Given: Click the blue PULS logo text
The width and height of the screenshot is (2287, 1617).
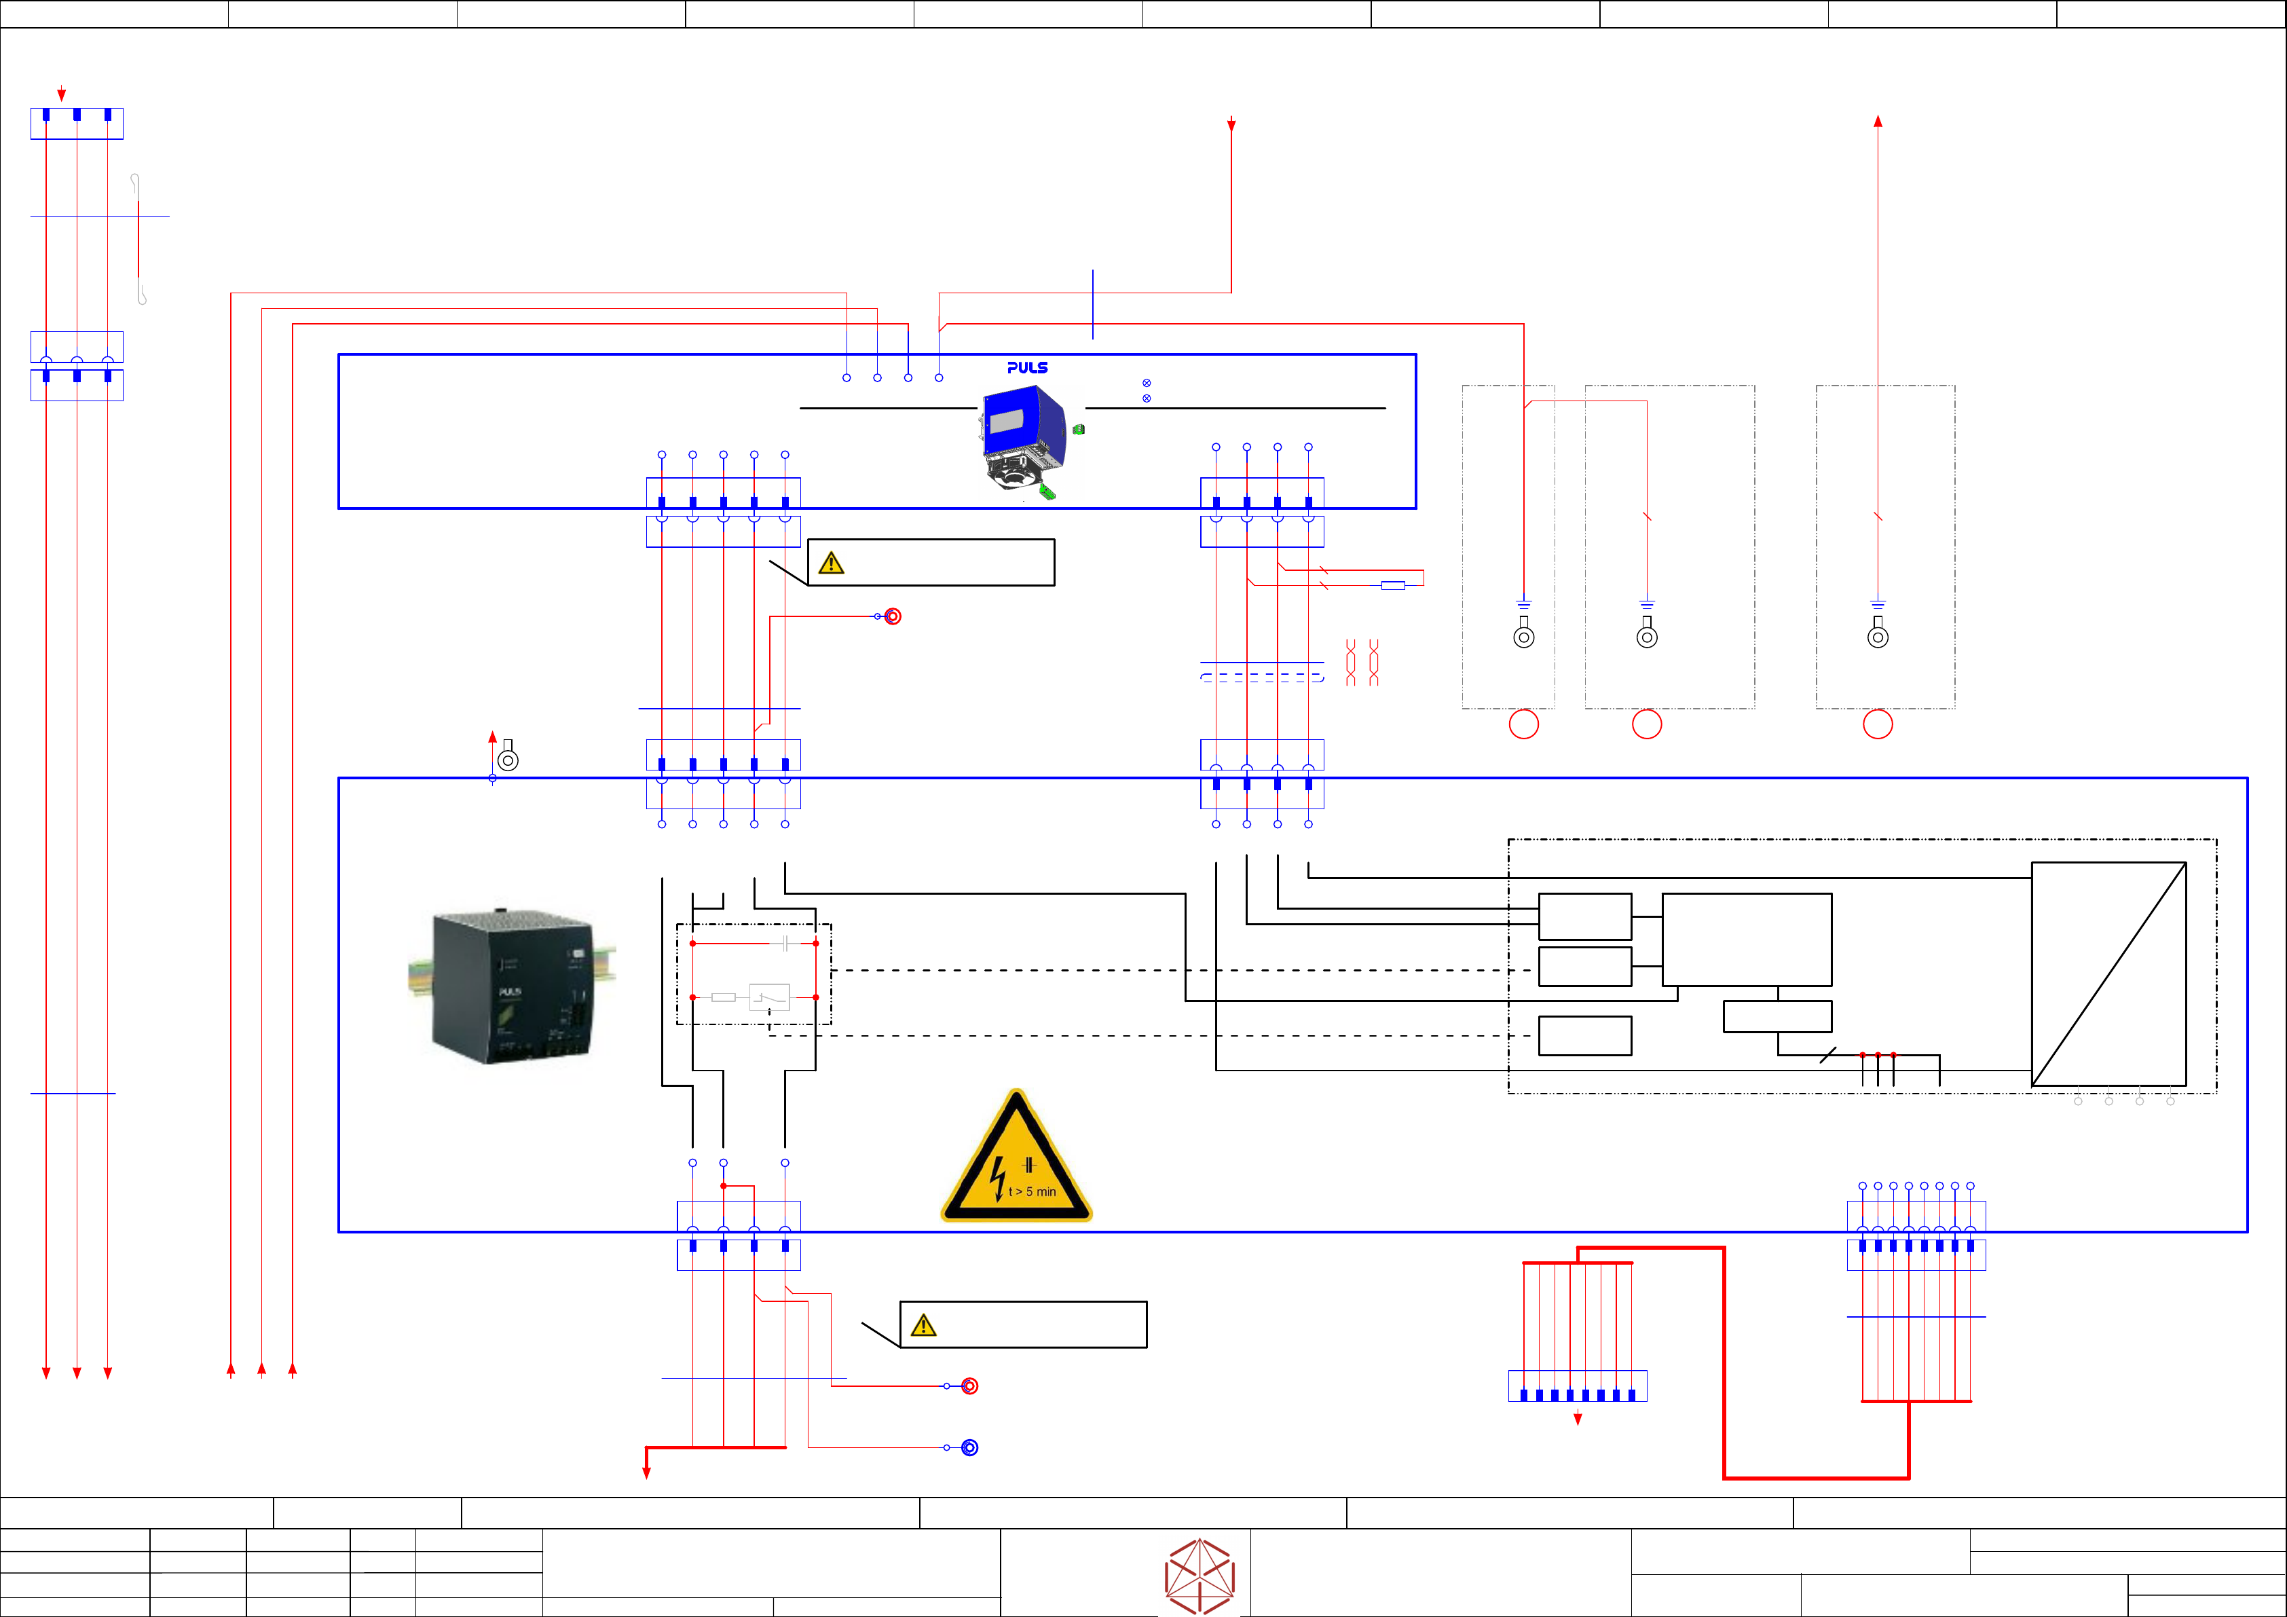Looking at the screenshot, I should pos(1027,368).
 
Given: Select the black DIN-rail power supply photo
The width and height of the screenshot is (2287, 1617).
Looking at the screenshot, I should pos(511,986).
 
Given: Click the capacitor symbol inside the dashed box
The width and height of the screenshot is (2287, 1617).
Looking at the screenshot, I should pos(786,942).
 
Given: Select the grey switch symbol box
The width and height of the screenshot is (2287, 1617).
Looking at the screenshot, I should pos(769,997).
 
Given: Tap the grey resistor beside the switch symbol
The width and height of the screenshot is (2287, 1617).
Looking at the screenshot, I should pos(723,997).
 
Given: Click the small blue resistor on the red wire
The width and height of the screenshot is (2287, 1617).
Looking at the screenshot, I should pos(1392,585).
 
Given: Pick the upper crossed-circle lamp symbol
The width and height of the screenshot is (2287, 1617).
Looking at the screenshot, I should pos(1147,383).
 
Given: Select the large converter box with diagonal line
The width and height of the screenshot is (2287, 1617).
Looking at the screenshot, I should pos(2108,973).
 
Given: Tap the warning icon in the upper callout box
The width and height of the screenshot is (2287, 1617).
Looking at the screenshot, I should pos(831,564).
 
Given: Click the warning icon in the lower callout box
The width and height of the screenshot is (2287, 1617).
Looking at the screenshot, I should pos(923,1326).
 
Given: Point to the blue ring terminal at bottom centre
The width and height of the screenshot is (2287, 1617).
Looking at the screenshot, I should pos(969,1447).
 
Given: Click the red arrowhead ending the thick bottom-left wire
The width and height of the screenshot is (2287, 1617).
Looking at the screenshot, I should pos(646,1472).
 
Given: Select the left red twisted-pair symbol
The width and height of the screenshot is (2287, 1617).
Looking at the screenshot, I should pos(1351,663).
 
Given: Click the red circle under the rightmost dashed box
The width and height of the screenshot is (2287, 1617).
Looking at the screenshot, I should pos(1878,724).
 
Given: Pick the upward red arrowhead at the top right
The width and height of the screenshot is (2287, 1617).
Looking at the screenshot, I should pos(1878,122).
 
